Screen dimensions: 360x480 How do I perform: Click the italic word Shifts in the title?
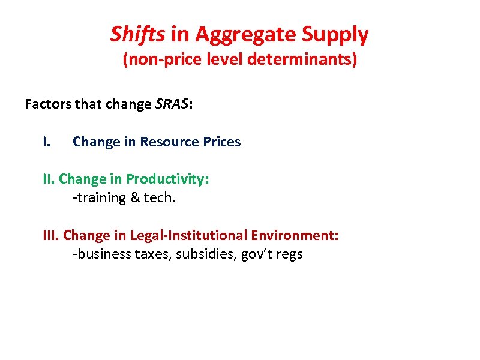(x=137, y=35)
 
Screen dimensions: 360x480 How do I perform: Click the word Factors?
(x=49, y=104)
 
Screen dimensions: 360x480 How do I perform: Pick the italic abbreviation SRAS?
(x=172, y=104)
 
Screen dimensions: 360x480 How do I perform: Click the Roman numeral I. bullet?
(x=47, y=142)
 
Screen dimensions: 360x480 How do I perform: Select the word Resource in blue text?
(x=169, y=142)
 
